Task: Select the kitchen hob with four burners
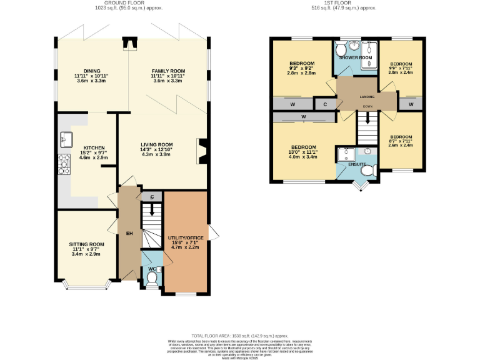click(64, 164)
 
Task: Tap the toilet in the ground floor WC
click(151, 277)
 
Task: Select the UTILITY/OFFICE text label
click(186, 239)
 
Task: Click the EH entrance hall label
click(130, 233)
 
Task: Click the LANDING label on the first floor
click(367, 97)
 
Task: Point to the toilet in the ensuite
click(367, 169)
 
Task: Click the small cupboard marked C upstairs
click(325, 104)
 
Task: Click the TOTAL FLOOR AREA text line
click(240, 335)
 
